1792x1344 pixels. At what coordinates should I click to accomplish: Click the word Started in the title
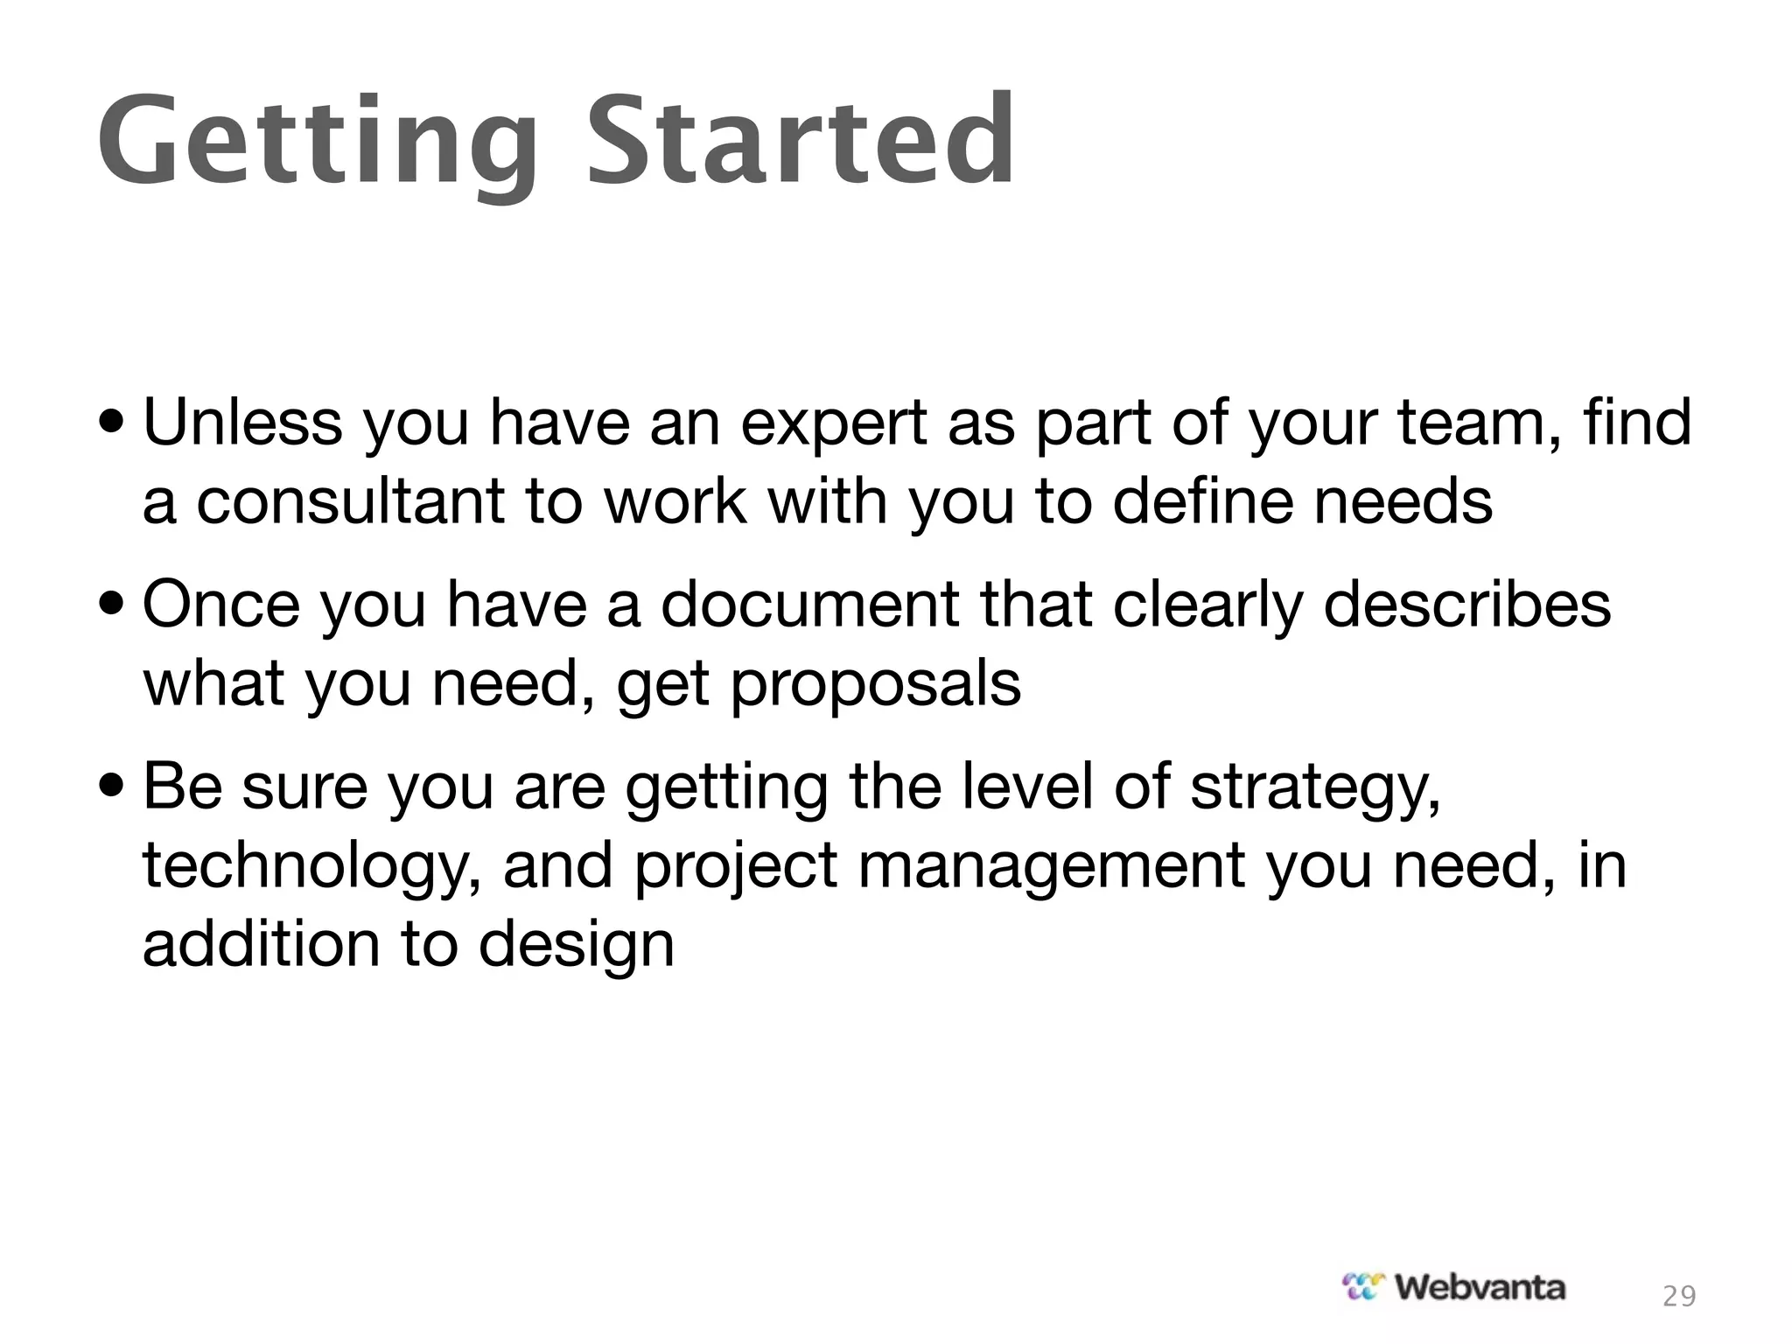click(801, 140)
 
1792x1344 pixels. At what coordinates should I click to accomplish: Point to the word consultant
click(351, 502)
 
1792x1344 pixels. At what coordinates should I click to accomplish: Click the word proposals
click(876, 684)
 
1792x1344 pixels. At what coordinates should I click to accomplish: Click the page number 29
click(1679, 1296)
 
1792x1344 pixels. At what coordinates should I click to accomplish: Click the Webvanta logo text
click(1480, 1287)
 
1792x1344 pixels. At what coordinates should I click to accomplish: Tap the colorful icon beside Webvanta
click(1364, 1286)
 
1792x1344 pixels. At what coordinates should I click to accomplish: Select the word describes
click(1466, 605)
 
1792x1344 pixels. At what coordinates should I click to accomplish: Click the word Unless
click(242, 423)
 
